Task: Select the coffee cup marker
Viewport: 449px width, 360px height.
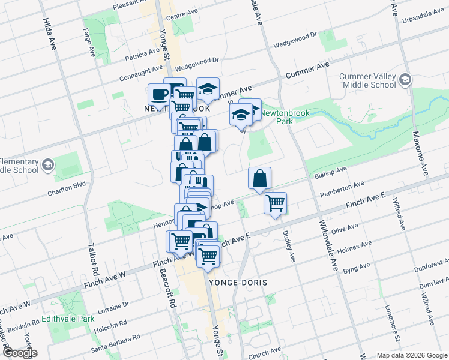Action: (159, 94)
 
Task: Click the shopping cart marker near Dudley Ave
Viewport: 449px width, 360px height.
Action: (275, 203)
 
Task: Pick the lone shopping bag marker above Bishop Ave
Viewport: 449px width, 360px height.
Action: (259, 178)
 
